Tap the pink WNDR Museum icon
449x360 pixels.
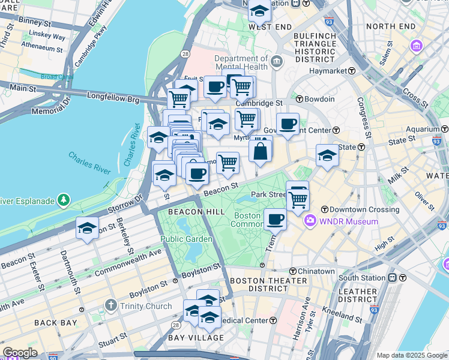tap(310, 221)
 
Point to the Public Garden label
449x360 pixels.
tap(186, 239)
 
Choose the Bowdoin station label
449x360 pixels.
tap(319, 99)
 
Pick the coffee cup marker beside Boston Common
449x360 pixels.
tap(275, 219)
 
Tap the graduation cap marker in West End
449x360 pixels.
tap(259, 11)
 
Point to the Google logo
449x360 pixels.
tap(20, 353)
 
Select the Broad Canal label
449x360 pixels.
tap(57, 77)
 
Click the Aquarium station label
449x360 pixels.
tap(421, 129)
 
